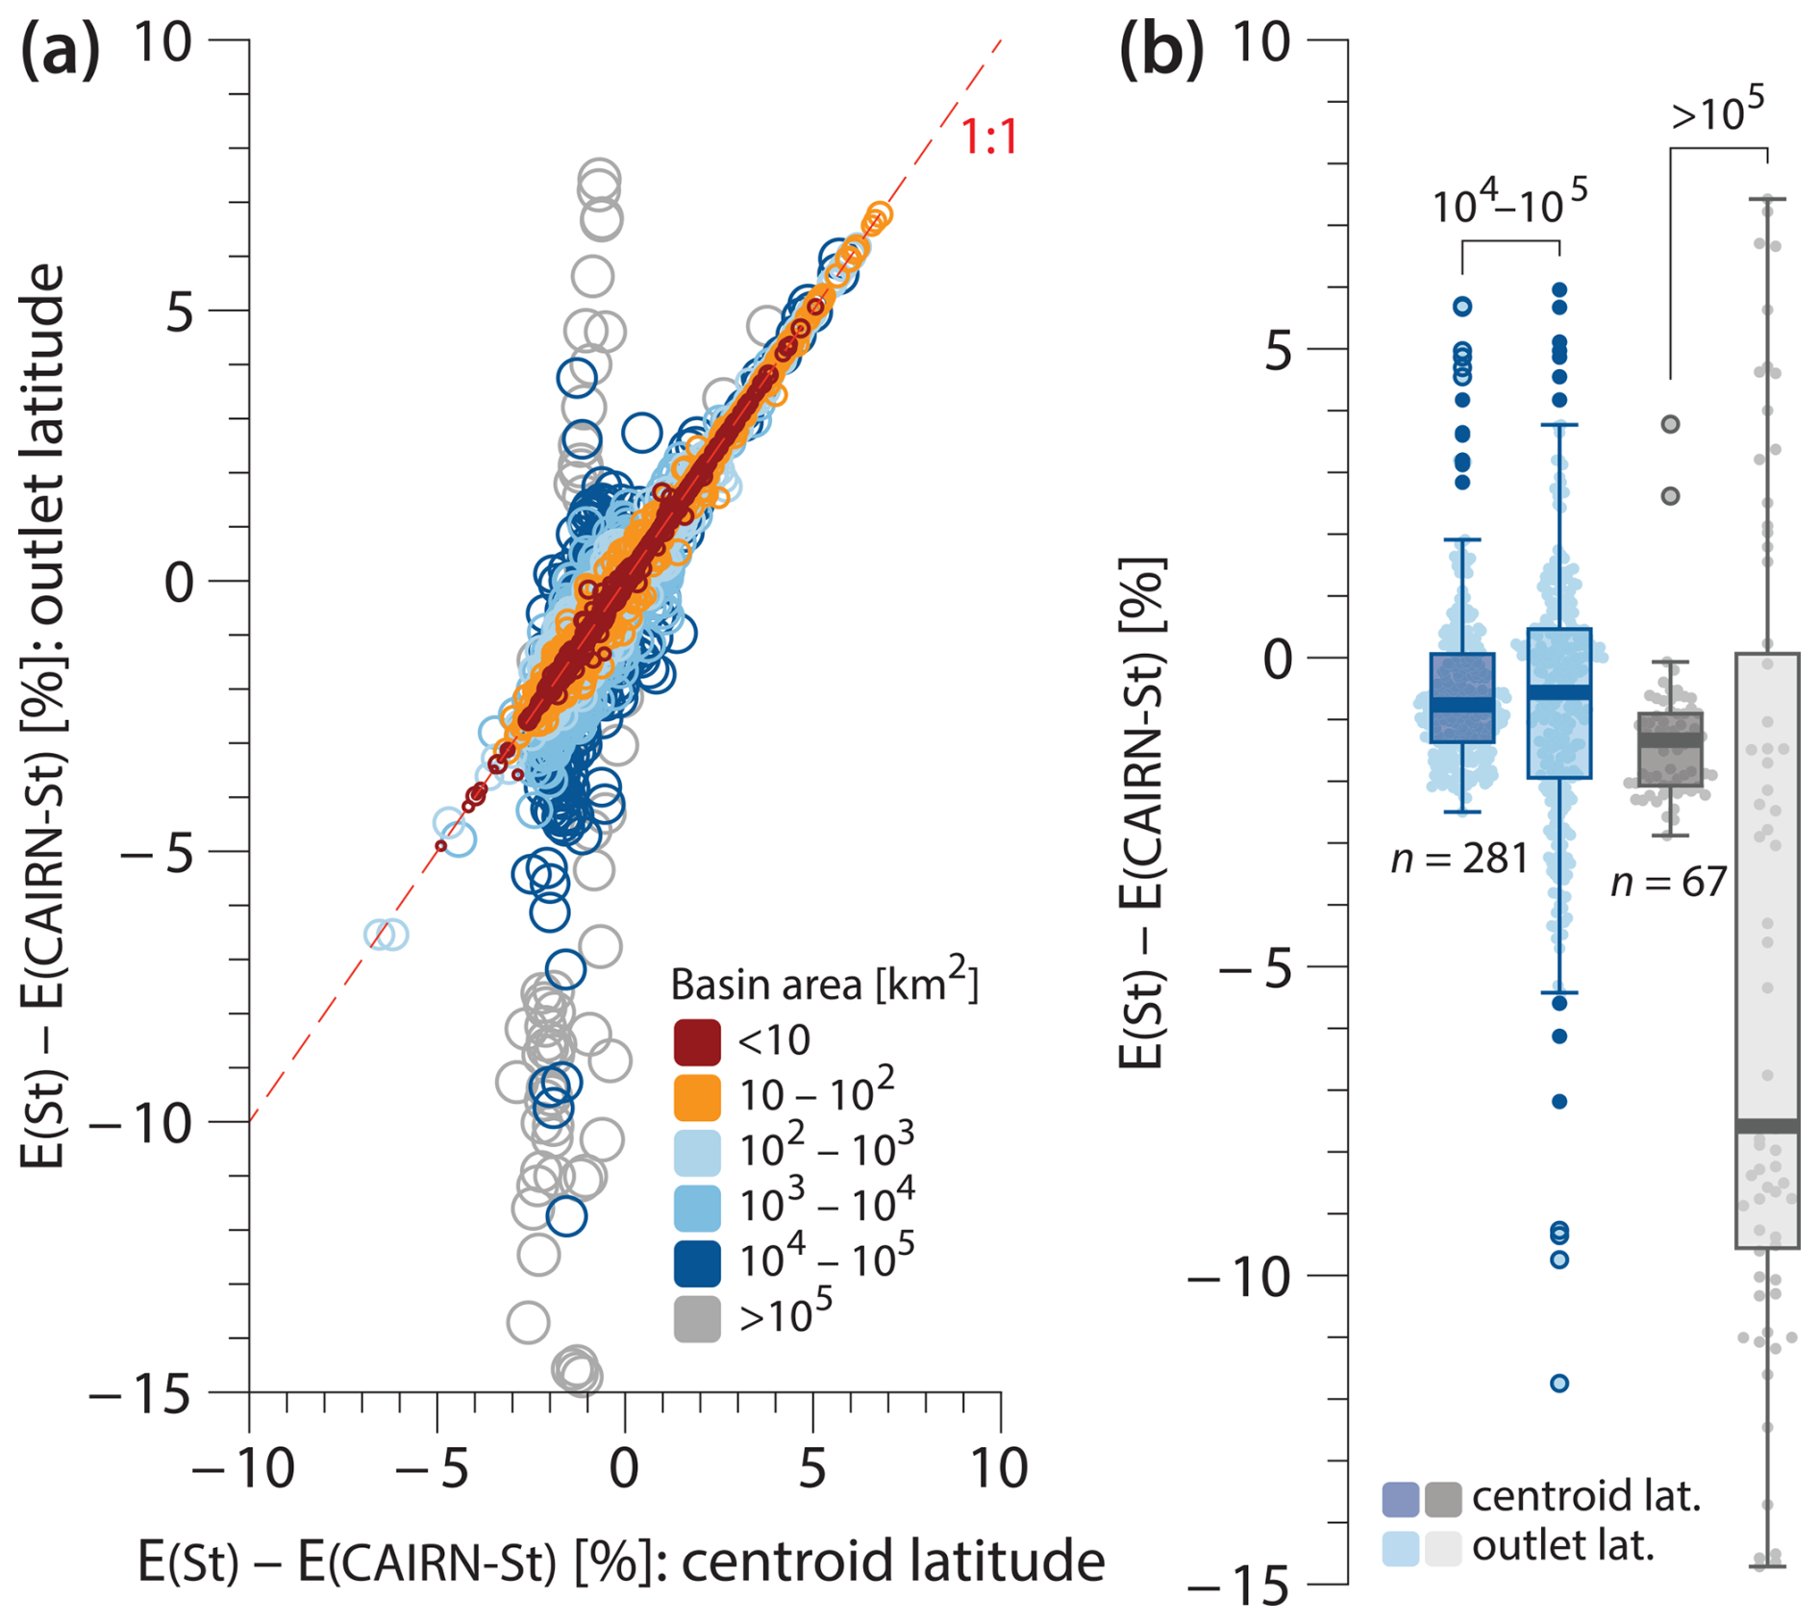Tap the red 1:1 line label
click(x=989, y=137)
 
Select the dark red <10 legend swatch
click(x=697, y=1042)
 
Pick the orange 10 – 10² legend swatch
click(x=697, y=1097)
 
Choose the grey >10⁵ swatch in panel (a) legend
click(x=697, y=1318)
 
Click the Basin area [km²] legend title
click(x=823, y=983)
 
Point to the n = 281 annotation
click(x=1458, y=859)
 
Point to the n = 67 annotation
click(x=1668, y=882)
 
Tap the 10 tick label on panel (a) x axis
click(x=999, y=1468)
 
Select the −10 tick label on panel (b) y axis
click(x=1240, y=1278)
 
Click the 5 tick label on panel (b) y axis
click(x=1278, y=351)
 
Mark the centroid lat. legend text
click(x=1586, y=1496)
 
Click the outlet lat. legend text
click(x=1562, y=1545)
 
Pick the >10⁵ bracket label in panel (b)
click(x=1717, y=111)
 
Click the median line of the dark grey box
click(x=1670, y=740)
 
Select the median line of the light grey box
click(x=1766, y=1126)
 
